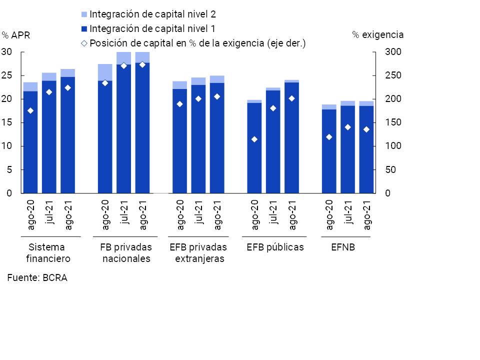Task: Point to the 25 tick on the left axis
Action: (x=7, y=75)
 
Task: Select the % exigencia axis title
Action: (x=377, y=34)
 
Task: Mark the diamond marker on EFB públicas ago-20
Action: (x=254, y=139)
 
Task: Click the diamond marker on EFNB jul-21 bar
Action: (x=348, y=127)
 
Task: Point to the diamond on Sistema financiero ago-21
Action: (x=68, y=88)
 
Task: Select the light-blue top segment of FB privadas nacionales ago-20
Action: (x=105, y=72)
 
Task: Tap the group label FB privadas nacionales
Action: (x=126, y=253)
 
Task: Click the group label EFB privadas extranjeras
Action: (x=198, y=253)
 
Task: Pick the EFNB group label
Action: (x=343, y=247)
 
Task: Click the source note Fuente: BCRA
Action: (x=37, y=278)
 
